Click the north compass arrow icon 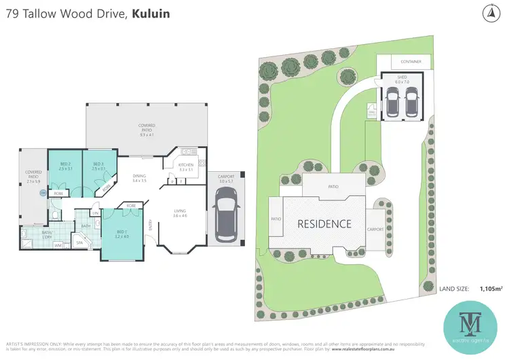pos(489,12)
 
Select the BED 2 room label pos(65,164)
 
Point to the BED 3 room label pos(98,164)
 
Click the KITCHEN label pos(186,165)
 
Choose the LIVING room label pos(181,211)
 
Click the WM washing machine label pos(58,245)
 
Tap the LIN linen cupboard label pos(96,213)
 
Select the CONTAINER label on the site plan pos(411,62)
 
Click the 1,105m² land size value pos(491,289)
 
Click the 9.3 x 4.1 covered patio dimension pos(147,135)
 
